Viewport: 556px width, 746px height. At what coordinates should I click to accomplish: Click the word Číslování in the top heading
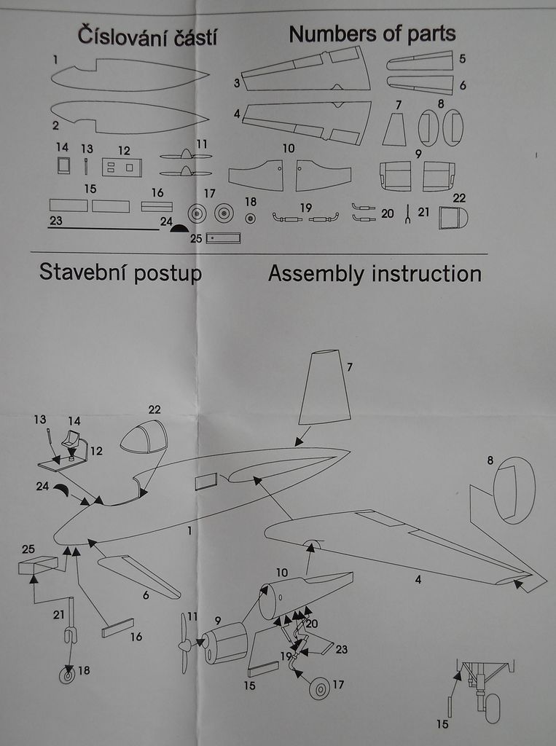[x=113, y=36]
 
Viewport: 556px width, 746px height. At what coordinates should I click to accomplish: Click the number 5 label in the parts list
[x=463, y=58]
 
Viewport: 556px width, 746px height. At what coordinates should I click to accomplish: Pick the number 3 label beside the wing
[x=236, y=83]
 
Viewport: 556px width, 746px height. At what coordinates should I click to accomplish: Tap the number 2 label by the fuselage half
[x=55, y=125]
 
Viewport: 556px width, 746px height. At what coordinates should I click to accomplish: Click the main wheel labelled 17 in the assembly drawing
[x=319, y=688]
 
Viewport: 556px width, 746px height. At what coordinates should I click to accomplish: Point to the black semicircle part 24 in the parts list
[x=179, y=228]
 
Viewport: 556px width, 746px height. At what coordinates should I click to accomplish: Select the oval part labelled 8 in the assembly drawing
[x=514, y=490]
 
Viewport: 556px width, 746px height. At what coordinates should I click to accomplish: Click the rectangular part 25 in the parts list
[x=223, y=237]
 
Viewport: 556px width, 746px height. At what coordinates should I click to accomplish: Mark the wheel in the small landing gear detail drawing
[x=493, y=708]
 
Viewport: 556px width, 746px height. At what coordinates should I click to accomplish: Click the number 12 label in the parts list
[x=124, y=151]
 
